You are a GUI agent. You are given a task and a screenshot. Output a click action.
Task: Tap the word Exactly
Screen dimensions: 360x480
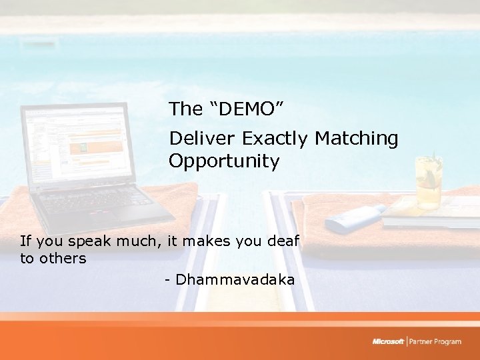pos(276,139)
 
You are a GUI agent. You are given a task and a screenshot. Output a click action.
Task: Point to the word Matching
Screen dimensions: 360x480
pos(356,139)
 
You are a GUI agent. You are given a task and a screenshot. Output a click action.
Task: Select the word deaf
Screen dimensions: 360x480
pos(284,241)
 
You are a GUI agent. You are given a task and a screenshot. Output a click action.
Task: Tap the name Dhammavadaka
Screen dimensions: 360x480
pos(235,280)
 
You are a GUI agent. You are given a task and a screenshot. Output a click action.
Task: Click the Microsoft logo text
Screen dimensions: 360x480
pos(388,341)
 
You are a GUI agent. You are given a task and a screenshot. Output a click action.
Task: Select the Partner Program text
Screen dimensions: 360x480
pos(435,341)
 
